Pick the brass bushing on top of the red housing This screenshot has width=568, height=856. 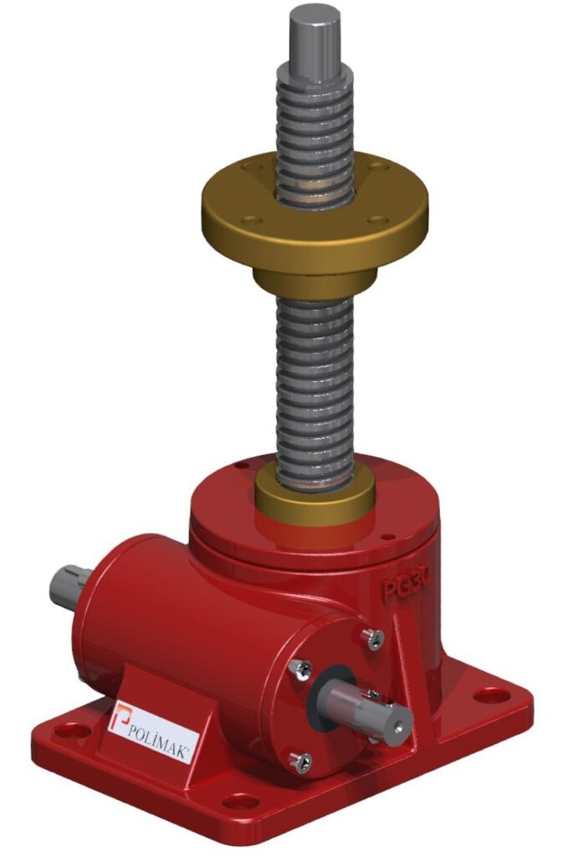pos(315,497)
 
